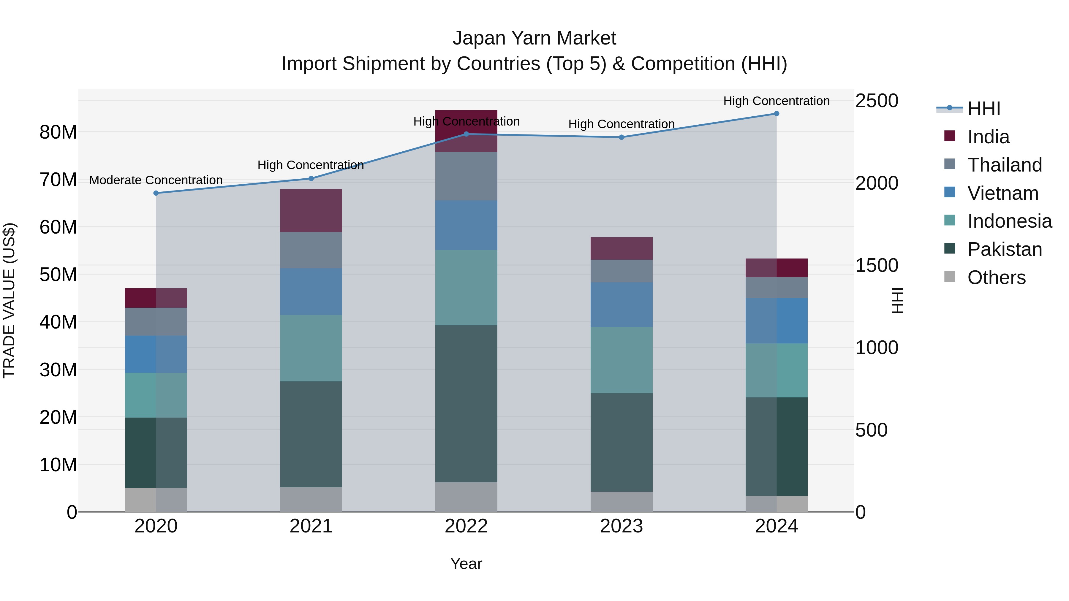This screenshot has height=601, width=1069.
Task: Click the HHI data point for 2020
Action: click(156, 193)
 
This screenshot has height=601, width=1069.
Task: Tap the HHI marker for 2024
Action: click(777, 114)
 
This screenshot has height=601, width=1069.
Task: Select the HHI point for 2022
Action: click(466, 134)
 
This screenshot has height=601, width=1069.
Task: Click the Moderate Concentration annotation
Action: click(156, 180)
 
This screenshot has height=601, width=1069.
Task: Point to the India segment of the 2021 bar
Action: click(311, 210)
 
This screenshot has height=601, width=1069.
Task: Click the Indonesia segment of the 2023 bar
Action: click(621, 360)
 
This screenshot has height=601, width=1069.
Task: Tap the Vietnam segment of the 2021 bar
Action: click(311, 291)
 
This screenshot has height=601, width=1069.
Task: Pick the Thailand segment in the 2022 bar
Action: click(466, 176)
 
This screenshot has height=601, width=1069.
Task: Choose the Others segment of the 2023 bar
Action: click(621, 502)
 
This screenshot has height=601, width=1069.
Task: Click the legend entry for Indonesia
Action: click(1009, 221)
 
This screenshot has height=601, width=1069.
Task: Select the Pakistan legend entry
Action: click(1004, 249)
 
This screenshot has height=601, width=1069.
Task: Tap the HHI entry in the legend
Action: click(983, 109)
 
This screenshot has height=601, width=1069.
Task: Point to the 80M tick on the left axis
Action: click(58, 132)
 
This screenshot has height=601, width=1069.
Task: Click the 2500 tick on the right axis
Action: click(877, 101)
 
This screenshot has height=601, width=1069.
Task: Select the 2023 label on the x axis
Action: click(621, 526)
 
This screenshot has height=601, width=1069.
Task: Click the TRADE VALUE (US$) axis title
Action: click(9, 300)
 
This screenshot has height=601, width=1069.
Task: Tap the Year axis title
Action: click(466, 564)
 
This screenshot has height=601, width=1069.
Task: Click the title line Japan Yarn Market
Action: click(534, 38)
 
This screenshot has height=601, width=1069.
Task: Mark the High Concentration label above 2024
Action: click(777, 101)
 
